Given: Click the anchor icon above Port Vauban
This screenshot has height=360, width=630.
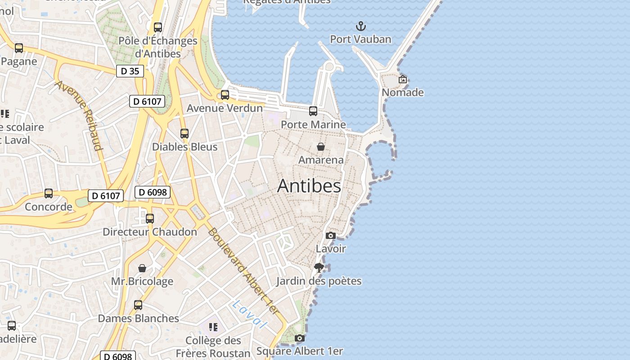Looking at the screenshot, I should point(360,26).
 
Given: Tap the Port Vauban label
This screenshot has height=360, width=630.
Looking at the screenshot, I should point(360,39).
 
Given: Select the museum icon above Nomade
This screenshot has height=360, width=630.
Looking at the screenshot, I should point(403,79).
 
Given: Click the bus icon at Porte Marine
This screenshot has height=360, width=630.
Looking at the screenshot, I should point(313,111).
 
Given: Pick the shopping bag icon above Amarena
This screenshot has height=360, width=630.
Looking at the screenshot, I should point(321,147).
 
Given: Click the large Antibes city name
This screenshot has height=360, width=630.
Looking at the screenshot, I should point(309,186).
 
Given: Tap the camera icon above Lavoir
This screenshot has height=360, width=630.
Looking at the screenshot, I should point(331,235).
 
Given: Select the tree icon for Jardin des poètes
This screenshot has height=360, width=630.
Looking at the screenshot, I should point(319,268).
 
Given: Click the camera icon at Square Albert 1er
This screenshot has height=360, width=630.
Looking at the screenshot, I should point(300,338).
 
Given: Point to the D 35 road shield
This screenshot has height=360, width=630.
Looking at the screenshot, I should point(130,71).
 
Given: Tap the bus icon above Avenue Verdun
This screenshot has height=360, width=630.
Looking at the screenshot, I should point(225,95).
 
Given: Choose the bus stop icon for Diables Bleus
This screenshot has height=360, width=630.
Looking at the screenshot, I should point(184,134).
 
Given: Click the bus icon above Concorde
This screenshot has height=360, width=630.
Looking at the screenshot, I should point(49,193).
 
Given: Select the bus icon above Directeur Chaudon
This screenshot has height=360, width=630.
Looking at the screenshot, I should point(150,219).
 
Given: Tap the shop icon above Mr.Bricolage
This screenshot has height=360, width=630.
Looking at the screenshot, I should point(142,268).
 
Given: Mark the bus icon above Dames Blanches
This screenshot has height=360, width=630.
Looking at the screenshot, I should point(138,305).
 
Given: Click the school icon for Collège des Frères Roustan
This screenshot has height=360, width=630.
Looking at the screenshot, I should point(213,327).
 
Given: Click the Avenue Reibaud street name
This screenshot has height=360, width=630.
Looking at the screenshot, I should point(79,115).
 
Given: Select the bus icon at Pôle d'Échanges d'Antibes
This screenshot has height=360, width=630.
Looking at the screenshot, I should point(157,27).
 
